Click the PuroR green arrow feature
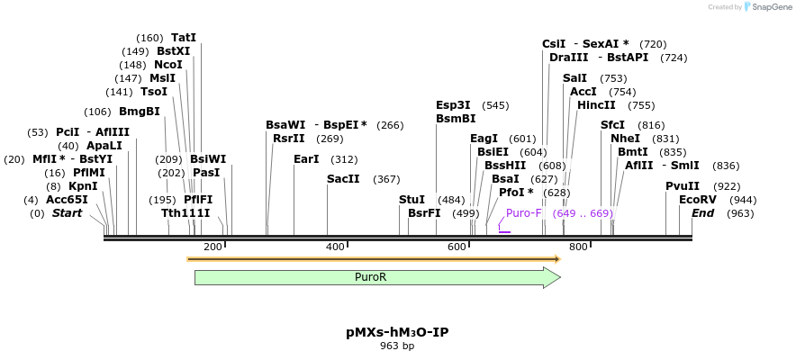pyautogui.click(x=376, y=277)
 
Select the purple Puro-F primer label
pyautogui.click(x=524, y=213)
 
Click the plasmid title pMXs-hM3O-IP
pyautogui.click(x=397, y=332)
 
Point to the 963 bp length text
pyautogui.click(x=397, y=346)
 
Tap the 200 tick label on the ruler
pyautogui.click(x=213, y=247)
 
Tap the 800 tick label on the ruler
pyautogui.click(x=578, y=247)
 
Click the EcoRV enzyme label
pyautogui.click(x=698, y=199)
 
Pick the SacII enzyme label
pyautogui.click(x=343, y=179)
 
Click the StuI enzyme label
pyautogui.click(x=412, y=199)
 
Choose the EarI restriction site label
pyautogui.click(x=306, y=159)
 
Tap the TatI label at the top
pyautogui.click(x=184, y=38)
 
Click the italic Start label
pyautogui.click(x=67, y=213)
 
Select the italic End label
pyautogui.click(x=702, y=213)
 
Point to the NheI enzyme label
pyautogui.click(x=625, y=139)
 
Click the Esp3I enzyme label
pyautogui.click(x=453, y=105)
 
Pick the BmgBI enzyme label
pyautogui.click(x=140, y=112)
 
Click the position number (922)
pyautogui.click(x=726, y=185)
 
